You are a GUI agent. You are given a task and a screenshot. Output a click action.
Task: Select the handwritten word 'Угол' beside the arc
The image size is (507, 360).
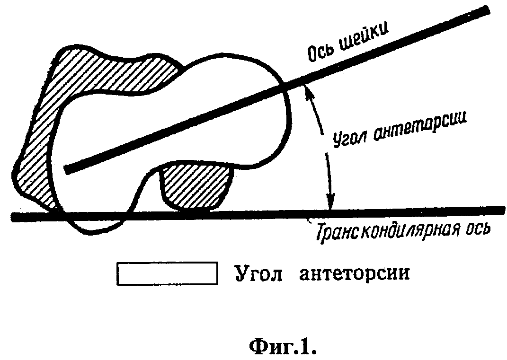[349, 138]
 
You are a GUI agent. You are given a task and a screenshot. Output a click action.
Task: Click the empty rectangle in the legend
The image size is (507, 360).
[167, 274]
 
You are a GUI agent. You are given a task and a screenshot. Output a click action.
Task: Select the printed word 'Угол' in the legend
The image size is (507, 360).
[258, 274]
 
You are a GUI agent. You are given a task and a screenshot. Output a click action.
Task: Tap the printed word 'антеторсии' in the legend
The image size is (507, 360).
[355, 274]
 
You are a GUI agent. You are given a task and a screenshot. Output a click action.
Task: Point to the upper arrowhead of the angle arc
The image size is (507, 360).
[308, 90]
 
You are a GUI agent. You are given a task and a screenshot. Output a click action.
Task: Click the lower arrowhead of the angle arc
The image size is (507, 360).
[330, 202]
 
